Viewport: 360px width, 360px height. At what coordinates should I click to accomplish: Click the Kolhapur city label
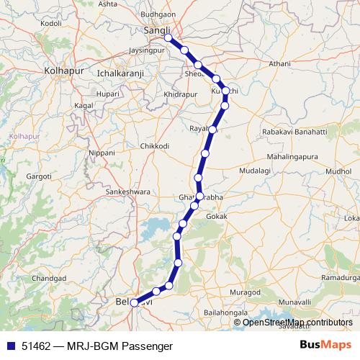tap(65, 71)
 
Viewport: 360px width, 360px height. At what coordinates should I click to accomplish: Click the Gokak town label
tap(217, 217)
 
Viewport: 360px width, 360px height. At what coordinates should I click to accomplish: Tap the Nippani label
tap(101, 153)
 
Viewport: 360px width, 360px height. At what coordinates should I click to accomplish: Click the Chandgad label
tap(49, 278)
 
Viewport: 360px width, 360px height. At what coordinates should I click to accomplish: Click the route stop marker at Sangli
tap(168, 38)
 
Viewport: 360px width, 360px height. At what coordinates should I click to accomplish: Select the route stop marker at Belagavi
tap(134, 303)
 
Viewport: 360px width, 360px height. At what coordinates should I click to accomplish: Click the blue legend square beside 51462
tap(12, 346)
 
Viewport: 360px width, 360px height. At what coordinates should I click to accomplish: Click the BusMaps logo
tap(325, 346)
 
